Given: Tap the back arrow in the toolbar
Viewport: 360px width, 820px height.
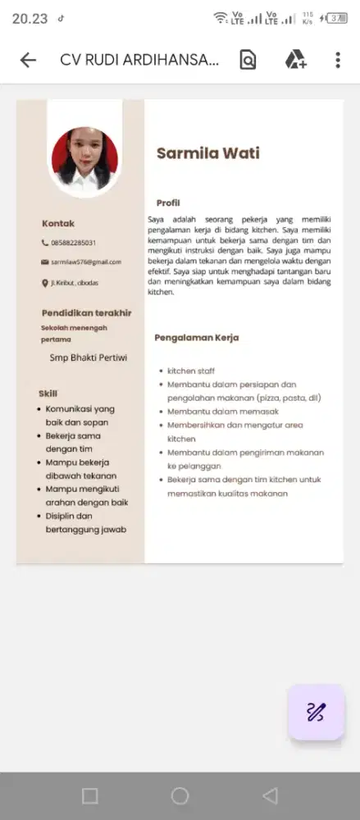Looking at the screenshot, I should point(28,60).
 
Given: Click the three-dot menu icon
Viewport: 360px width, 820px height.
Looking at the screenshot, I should point(338,60).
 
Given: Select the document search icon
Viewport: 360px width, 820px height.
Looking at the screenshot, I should point(248,60).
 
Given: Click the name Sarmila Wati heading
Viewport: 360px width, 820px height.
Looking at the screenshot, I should point(207,153).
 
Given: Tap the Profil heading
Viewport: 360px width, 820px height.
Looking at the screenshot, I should point(168,203).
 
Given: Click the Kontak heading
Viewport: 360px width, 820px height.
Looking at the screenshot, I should point(58,223).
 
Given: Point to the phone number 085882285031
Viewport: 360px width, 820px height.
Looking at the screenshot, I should point(73,243).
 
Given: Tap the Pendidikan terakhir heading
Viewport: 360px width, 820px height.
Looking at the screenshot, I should point(86,312).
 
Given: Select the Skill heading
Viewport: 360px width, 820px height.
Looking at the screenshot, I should point(48,393).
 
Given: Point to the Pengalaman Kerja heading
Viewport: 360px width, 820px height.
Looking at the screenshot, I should point(197,338).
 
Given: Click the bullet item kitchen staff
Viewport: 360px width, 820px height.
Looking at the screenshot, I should point(191,371).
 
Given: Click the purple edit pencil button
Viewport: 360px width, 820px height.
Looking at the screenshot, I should point(316,712).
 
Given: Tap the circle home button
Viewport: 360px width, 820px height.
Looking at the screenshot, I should point(180,795).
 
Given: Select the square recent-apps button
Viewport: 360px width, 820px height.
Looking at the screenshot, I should point(90,795).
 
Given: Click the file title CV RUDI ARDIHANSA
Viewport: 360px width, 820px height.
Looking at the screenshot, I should point(139,60).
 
